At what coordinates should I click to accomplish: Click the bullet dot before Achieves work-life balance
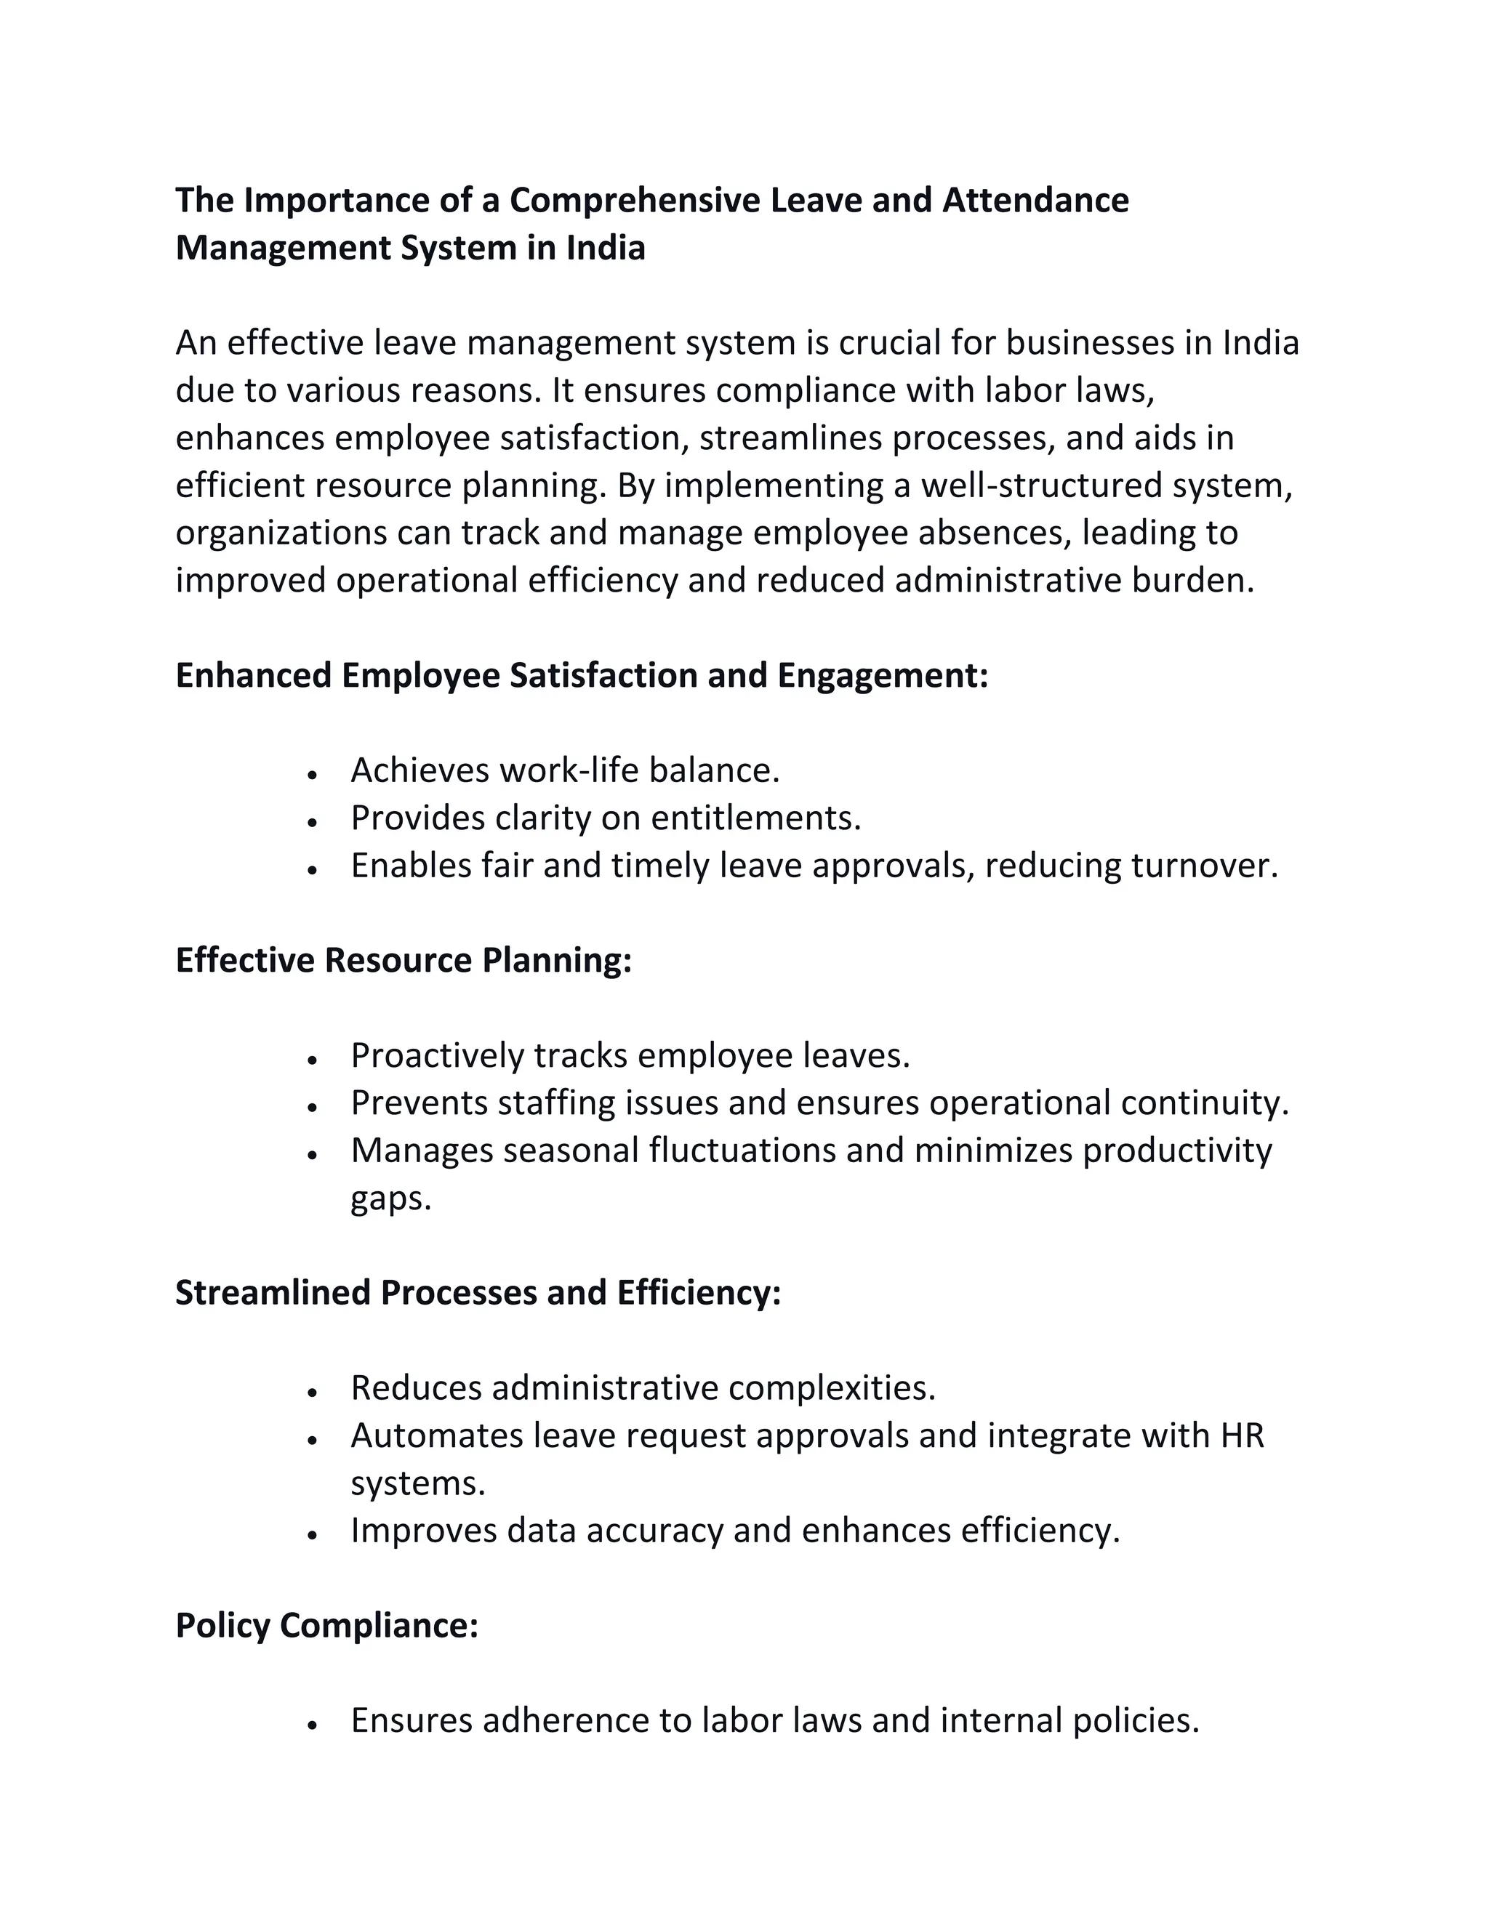(312, 773)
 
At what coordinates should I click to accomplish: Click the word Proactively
(438, 1055)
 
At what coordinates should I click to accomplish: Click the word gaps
(390, 1199)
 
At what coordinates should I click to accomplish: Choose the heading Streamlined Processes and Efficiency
(478, 1293)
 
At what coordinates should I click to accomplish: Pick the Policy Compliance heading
(326, 1625)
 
